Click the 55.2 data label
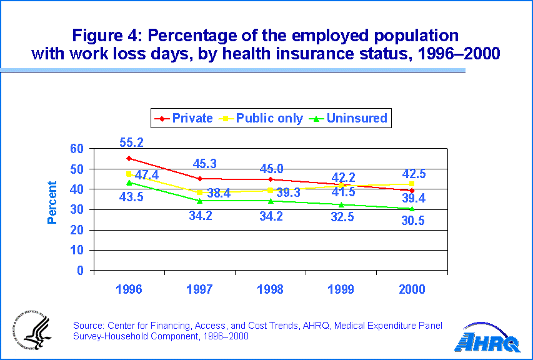pos(132,143)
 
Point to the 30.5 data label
pos(412,220)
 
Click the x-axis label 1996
pos(129,289)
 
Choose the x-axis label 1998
pos(271,289)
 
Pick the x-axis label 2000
pos(412,289)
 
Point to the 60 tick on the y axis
pos(76,149)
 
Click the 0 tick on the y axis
pos(81,271)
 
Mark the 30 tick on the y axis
pos(76,210)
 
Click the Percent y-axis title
pos(52,203)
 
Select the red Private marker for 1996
pos(129,158)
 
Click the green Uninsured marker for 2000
pos(412,208)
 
